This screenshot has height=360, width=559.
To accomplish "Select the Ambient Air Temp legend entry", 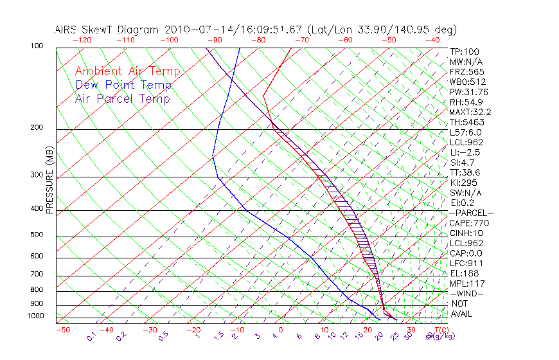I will [128, 71].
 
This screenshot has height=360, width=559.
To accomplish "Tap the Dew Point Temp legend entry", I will [123, 85].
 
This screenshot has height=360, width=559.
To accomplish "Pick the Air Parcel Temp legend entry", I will [123, 98].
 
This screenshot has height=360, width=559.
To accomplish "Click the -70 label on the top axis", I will [301, 40].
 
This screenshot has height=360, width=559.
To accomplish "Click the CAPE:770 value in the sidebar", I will [466, 223].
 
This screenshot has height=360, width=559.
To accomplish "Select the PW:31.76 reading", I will [468, 92].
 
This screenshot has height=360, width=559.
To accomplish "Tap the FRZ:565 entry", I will [466, 72].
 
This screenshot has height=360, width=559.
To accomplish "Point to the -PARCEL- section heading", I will [471, 213].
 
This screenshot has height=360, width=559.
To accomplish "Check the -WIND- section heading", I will [467, 293].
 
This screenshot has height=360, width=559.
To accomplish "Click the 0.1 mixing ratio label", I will [91, 336].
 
